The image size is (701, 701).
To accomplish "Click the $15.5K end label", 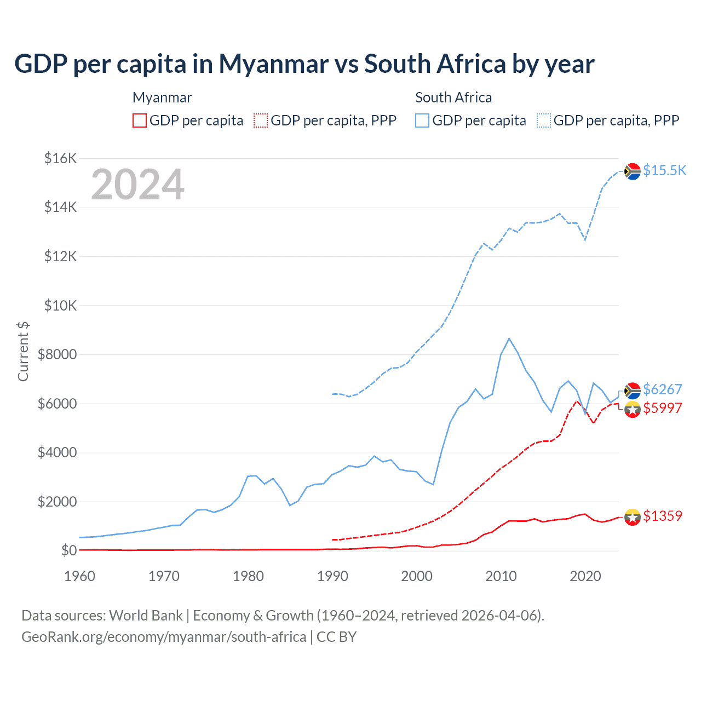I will point(664,170).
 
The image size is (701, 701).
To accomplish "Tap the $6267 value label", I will point(662,389).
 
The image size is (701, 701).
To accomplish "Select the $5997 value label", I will point(662,408).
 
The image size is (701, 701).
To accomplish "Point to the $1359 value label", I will point(662,516).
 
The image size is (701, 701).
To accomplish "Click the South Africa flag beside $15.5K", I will point(633,171).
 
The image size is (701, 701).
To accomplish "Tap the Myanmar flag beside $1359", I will point(633,517).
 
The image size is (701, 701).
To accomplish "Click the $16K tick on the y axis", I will point(60,159).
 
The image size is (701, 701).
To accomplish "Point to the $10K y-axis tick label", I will point(60,306).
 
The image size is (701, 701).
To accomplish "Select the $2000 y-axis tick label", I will point(57,502).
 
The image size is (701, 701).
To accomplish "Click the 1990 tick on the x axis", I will point(332,576).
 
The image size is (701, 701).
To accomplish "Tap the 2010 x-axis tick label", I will point(501,576).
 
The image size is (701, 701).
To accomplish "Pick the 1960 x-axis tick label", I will point(80,576).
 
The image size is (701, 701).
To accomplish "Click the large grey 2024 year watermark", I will point(138,185).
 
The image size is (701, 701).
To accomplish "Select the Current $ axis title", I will point(23,352).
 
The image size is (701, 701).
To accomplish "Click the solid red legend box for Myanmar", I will point(140,120).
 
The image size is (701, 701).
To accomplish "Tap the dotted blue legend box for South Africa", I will point(544,120).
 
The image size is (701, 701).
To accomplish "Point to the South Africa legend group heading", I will point(453,97).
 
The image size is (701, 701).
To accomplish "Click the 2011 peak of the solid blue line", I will point(509,338).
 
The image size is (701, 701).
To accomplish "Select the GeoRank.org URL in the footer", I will point(164,637).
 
